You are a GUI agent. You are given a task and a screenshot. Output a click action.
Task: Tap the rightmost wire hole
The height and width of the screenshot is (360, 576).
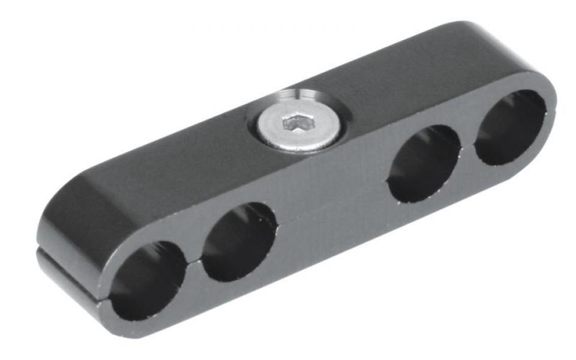[510, 127]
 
